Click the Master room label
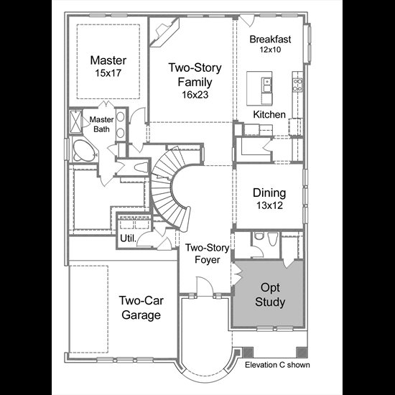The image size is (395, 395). pos(108,60)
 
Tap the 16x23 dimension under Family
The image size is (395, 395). pos(195,95)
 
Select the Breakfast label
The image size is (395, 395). pos(270,39)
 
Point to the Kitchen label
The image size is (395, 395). pos(269,114)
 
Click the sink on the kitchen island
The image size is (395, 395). pos(266,85)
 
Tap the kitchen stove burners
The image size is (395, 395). pos(298,85)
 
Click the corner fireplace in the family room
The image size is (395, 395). pos(164,32)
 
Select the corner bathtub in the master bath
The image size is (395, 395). pos(85,150)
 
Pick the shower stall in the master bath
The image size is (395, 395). pos(76,121)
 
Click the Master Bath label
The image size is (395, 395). pos(101,124)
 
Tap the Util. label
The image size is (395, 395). pos(129,238)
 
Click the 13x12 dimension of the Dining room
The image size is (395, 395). pos(269,205)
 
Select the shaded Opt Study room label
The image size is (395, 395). pos(270,294)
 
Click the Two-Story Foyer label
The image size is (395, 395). pos(207,254)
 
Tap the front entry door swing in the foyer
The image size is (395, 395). pos(205,286)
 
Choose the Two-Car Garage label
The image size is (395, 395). pos(141,307)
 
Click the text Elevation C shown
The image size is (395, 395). pos(277,365)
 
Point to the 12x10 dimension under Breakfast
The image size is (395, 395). pos(270,50)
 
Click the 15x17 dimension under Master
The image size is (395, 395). pos(108,73)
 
